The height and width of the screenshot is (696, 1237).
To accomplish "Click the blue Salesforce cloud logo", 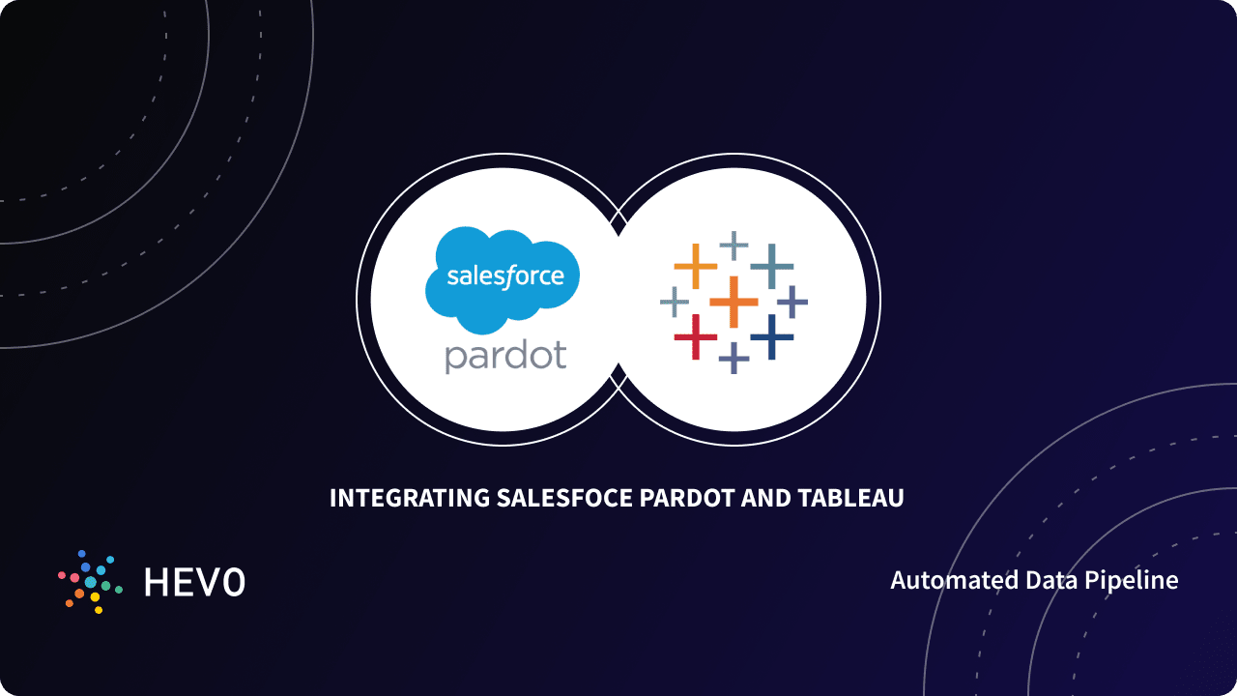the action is point(503,278).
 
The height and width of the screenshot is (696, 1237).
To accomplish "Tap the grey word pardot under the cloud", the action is point(505,356).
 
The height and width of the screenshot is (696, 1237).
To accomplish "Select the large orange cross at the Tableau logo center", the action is point(734,301).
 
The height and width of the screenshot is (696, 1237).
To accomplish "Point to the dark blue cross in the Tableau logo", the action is point(771,337).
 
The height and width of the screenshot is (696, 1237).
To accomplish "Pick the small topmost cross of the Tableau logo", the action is point(734,246).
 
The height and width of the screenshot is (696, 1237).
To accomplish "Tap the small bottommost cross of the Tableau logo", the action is point(734,358).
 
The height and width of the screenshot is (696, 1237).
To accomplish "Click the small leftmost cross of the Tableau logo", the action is point(675,302).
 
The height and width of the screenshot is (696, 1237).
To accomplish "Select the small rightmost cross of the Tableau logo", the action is point(792,302).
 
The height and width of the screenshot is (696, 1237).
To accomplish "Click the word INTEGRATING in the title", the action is point(409,499).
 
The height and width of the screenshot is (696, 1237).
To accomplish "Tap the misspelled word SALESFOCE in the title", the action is point(564,499).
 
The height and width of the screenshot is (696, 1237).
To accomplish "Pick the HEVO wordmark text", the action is point(194,582).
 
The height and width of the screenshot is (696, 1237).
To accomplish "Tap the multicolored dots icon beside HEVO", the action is point(90,582).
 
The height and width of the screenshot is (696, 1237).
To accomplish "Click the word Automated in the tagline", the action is point(955,580).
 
